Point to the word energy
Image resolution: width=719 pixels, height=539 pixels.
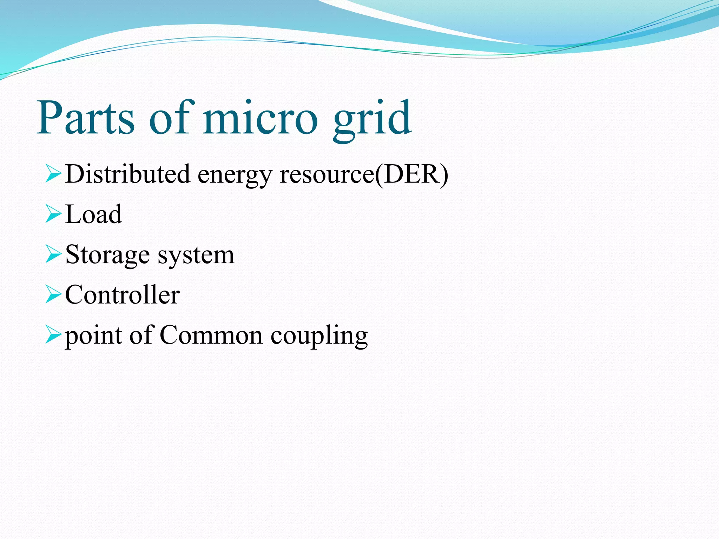(235, 175)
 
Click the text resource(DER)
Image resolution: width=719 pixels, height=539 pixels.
(364, 174)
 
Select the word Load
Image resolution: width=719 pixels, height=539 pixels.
(93, 214)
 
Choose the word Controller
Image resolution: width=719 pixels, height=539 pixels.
(122, 295)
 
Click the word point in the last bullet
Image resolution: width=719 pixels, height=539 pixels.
(93, 336)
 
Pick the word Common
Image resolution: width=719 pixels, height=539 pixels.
(211, 335)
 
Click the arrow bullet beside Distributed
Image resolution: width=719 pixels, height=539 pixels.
(53, 174)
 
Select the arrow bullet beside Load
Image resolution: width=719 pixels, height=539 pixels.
(53, 215)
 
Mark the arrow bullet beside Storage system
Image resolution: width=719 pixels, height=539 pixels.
(53, 255)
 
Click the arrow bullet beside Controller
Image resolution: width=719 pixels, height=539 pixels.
(53, 295)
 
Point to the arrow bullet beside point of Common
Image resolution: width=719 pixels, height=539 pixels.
(53, 335)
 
